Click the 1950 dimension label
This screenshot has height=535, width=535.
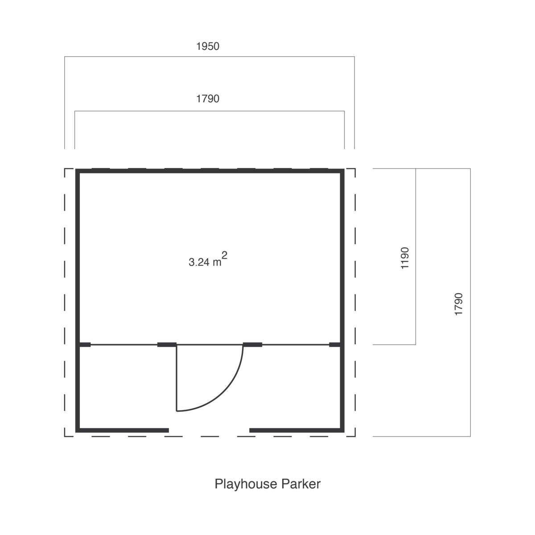pos(208,46)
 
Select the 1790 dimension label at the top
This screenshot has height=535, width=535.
pos(208,99)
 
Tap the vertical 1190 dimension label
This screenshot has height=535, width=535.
pos(405,258)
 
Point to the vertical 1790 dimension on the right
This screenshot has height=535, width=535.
pos(458,304)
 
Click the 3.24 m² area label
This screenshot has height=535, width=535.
pos(208,259)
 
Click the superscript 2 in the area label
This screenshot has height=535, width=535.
pos(224,255)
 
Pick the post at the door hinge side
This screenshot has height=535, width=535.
pos(167,345)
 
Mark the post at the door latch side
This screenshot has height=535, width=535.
pos(253,345)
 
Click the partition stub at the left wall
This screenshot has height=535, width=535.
pos(85,345)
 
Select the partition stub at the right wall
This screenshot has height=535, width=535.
pos(335,345)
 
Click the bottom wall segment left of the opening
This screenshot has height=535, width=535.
pos(122,430)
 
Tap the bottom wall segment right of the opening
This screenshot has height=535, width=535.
pos(297,430)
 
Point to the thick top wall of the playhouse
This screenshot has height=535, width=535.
pos(210,171)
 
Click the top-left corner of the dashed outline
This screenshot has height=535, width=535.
pos(65,169)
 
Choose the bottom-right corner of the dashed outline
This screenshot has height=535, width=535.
pos(355,436)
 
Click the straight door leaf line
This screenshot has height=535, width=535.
pos(177,378)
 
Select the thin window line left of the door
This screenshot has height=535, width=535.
pos(124,345)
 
